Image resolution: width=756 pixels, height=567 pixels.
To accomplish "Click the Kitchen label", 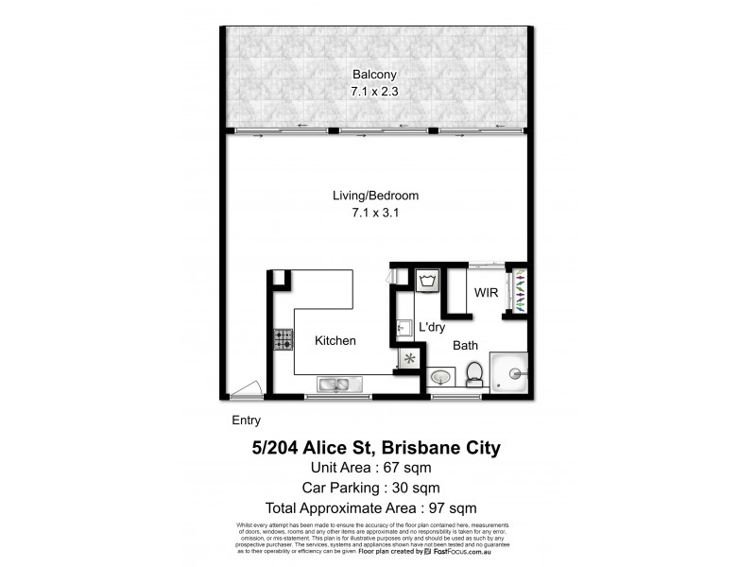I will point(335,341).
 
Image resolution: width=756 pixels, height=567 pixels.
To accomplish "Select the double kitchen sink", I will point(334,385).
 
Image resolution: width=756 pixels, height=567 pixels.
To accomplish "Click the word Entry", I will point(246,421).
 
